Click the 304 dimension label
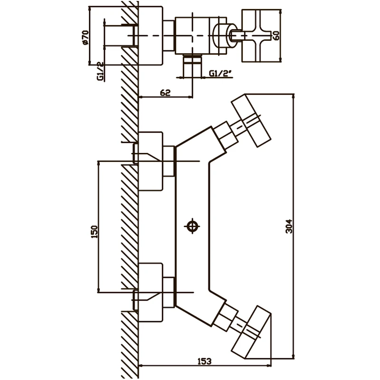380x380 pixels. pos(289,227)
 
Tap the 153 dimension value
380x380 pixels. pos(204,361)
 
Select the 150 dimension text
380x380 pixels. pos(94,232)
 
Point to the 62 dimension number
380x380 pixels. pos(165,93)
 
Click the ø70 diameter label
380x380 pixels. pos(85,37)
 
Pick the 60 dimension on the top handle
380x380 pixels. pos(276,35)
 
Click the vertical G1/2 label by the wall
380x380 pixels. pos(100,71)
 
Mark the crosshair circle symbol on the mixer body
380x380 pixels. pos(192,227)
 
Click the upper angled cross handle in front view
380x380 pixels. pos(251,121)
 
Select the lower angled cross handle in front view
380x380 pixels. pos(251,332)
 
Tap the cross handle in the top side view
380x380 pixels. pos(261,35)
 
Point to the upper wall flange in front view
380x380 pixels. pos(150,161)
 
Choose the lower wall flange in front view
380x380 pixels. pos(150,293)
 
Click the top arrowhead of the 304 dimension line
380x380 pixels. pos(294,96)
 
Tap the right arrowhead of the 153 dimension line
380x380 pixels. pos(268,365)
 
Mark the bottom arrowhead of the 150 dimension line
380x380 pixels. pos(98,290)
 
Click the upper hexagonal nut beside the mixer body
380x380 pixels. pos(169,161)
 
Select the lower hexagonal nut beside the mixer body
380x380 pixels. pos(169,293)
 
